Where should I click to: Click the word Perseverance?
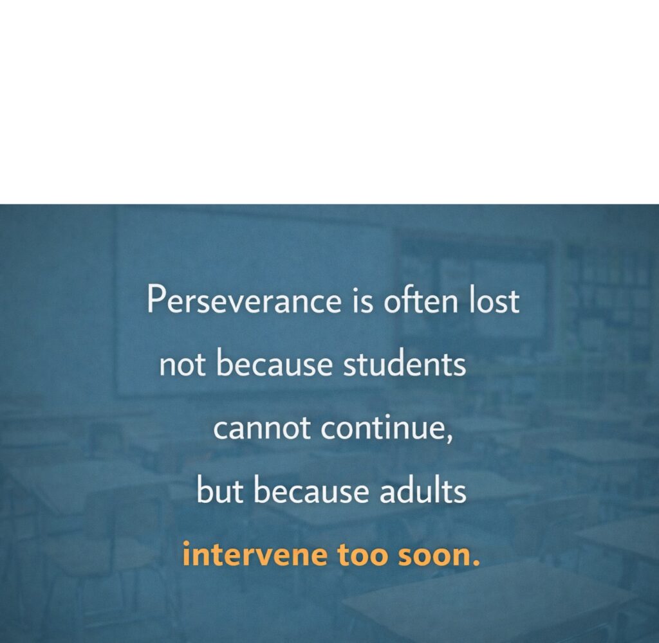click(244, 300)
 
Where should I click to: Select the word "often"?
click(420, 299)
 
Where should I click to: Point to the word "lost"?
click(494, 299)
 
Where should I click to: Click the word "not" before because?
click(182, 365)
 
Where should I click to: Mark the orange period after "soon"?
click(476, 563)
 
